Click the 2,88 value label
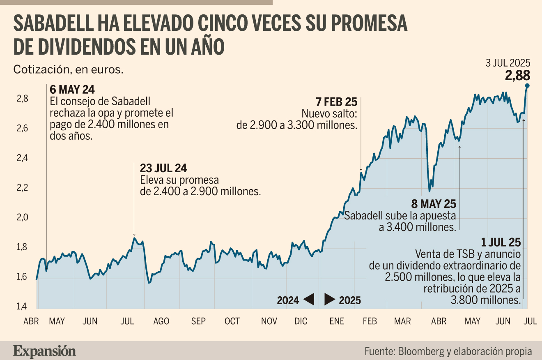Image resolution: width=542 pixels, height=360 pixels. click(x=517, y=75)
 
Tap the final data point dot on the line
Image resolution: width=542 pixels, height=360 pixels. click(x=527, y=85)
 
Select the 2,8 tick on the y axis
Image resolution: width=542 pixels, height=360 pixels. click(x=22, y=99)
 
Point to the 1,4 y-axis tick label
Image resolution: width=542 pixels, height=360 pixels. click(x=21, y=307)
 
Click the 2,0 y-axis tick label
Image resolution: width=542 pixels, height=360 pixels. click(x=22, y=217)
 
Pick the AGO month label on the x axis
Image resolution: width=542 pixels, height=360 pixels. click(x=161, y=321)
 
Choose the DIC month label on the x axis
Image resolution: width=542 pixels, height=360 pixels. click(x=301, y=321)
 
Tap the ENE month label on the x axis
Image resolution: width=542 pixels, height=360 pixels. click(x=337, y=321)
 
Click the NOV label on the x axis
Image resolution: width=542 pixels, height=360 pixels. click(x=269, y=321)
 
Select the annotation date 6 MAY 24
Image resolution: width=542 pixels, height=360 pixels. click(x=72, y=90)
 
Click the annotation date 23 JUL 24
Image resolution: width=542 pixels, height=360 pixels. click(x=163, y=168)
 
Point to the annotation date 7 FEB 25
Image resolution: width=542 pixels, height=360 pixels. click(x=336, y=102)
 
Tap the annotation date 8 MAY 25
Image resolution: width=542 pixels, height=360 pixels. click(x=434, y=204)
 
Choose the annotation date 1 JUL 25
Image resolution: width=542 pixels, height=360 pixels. click(x=501, y=242)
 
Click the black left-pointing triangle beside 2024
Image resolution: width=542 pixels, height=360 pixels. click(x=309, y=299)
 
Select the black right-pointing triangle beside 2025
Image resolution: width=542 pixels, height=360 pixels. click(x=330, y=299)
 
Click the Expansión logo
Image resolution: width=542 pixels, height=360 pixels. click(x=44, y=352)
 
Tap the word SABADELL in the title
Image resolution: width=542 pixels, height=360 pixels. click(x=53, y=23)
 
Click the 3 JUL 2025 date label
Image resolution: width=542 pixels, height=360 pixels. click(x=508, y=63)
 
